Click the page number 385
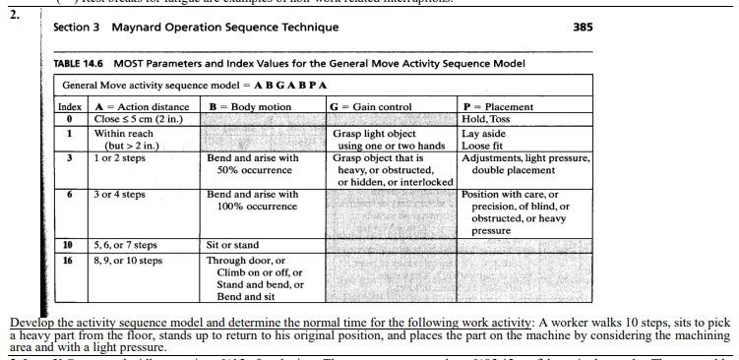582,28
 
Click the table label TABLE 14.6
79,64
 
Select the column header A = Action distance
142,106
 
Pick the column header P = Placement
498,106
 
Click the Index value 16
69,261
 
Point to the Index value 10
69,245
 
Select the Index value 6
69,194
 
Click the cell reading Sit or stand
232,245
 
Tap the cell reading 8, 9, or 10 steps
128,261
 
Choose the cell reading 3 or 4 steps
119,194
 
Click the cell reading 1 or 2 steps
119,157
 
